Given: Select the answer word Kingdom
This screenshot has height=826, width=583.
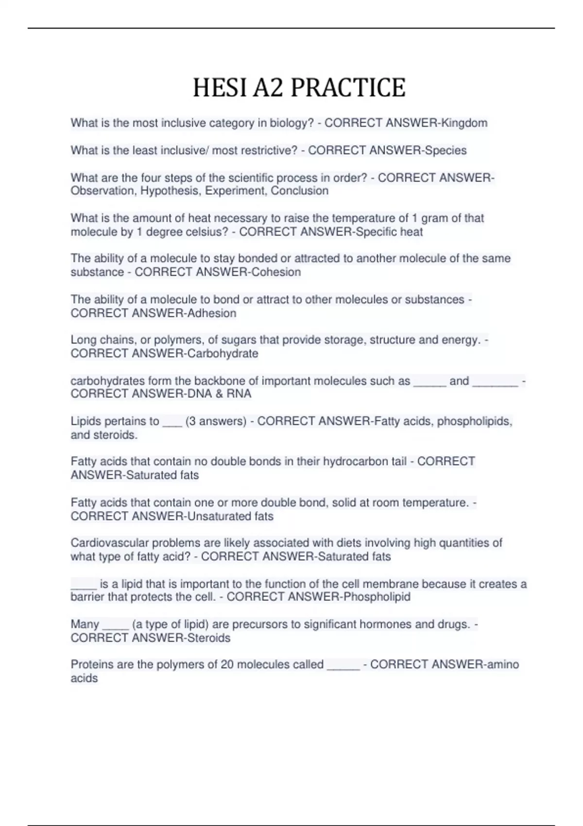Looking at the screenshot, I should [464, 123].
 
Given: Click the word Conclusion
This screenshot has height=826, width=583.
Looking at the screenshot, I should [299, 191].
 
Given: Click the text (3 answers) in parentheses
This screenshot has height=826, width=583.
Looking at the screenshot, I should [216, 421].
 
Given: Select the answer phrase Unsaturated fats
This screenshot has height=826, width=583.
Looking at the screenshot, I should [230, 516].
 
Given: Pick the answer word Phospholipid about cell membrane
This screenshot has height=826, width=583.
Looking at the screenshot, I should [377, 597].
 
